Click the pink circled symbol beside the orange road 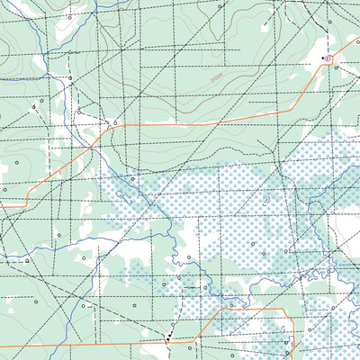pos(328,59)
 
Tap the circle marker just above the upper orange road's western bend pos(115,121)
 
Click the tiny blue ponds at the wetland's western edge pos(122,194)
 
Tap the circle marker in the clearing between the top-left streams pos(70,79)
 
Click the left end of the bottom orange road pos(2,346)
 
